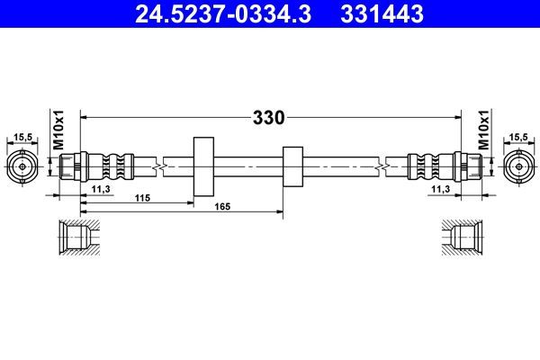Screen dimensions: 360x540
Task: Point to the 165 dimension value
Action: click(x=222, y=208)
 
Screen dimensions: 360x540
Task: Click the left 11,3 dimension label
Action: click(x=102, y=188)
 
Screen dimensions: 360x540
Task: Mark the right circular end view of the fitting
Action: click(x=517, y=166)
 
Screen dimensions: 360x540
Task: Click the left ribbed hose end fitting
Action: click(x=99, y=166)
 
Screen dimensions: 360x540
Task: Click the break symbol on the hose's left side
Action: click(x=158, y=166)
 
